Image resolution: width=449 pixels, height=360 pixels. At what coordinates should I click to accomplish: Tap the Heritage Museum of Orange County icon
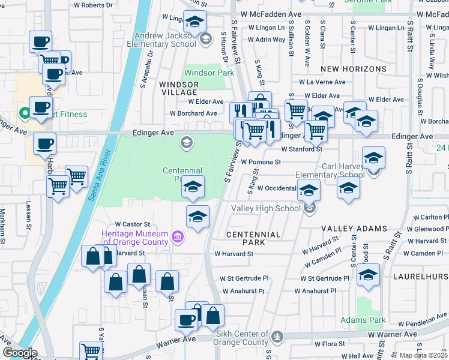(177, 238)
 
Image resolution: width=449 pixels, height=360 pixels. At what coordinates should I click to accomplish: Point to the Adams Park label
(362, 320)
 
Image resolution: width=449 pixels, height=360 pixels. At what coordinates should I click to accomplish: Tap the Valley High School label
(266, 209)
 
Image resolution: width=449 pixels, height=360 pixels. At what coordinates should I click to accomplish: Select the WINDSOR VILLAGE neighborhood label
(178, 88)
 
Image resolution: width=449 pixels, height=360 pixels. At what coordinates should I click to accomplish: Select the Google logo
(19, 353)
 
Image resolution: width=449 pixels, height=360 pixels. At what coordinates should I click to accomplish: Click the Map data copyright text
(423, 355)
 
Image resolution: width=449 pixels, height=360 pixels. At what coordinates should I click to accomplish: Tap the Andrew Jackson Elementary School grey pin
(206, 40)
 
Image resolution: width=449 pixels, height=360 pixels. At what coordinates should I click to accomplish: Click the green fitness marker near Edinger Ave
(25, 112)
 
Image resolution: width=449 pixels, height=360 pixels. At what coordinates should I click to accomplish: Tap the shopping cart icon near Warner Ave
(91, 350)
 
